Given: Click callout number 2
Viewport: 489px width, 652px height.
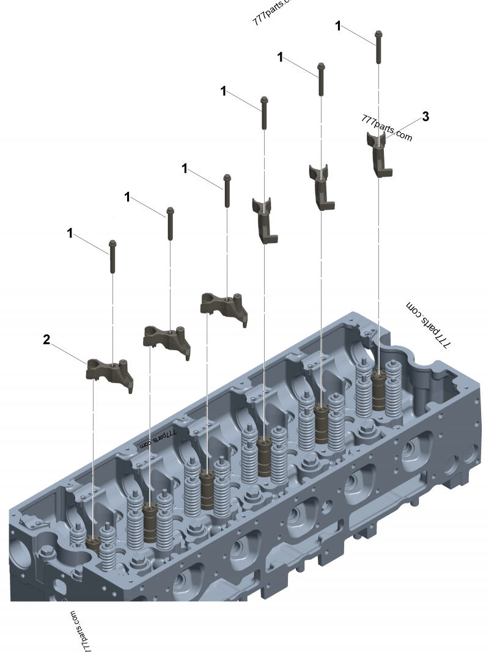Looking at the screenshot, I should point(46,340).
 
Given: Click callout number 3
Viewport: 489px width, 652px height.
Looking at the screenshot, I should point(425,117).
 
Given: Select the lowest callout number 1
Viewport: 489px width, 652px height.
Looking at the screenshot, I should point(70,233).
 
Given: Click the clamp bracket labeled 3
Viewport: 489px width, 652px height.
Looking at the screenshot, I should point(380,155).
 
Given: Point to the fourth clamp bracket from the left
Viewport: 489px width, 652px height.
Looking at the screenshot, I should point(265,219).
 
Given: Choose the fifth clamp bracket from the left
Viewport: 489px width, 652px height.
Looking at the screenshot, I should point(322,186).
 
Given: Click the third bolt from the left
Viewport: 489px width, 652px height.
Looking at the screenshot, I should point(227,191).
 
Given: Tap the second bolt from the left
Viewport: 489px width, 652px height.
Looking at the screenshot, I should point(169,224).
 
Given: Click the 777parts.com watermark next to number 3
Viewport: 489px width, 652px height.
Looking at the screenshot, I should point(387,128).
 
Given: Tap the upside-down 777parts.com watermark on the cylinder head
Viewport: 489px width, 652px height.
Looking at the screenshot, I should point(158,438).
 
